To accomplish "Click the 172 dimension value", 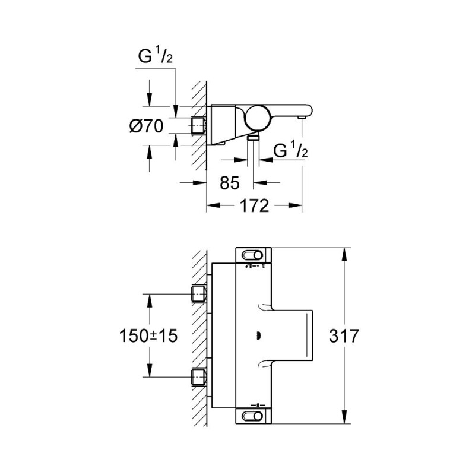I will coord(254,206).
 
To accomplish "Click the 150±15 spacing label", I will coord(147,335).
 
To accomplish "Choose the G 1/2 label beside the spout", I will coord(290,151).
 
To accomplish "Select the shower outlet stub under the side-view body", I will coord(254,137).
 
